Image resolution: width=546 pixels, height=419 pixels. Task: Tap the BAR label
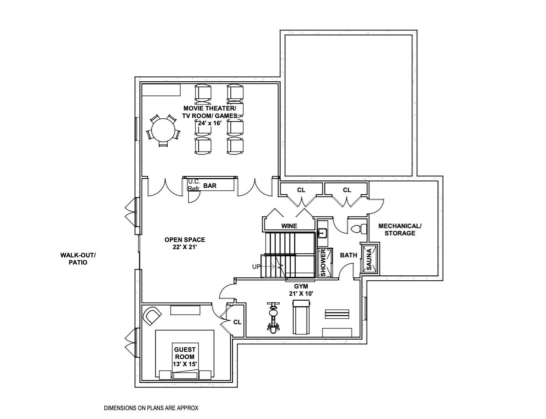point(210,186)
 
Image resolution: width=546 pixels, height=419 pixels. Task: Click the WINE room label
point(289,226)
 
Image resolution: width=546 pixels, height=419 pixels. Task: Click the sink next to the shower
point(322,233)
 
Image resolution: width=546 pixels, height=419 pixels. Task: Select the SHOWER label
point(323,262)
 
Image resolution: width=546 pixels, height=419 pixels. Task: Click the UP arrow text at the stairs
point(256,267)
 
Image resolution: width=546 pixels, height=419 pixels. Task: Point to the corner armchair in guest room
point(152,315)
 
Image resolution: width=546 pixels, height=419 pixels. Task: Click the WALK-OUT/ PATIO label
point(78,259)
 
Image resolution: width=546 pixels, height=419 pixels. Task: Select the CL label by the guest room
point(237,322)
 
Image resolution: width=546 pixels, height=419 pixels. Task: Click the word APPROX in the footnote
point(188,408)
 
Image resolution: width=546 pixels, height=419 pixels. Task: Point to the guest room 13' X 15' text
point(184,364)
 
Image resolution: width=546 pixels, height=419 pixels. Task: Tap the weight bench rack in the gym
point(337,314)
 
